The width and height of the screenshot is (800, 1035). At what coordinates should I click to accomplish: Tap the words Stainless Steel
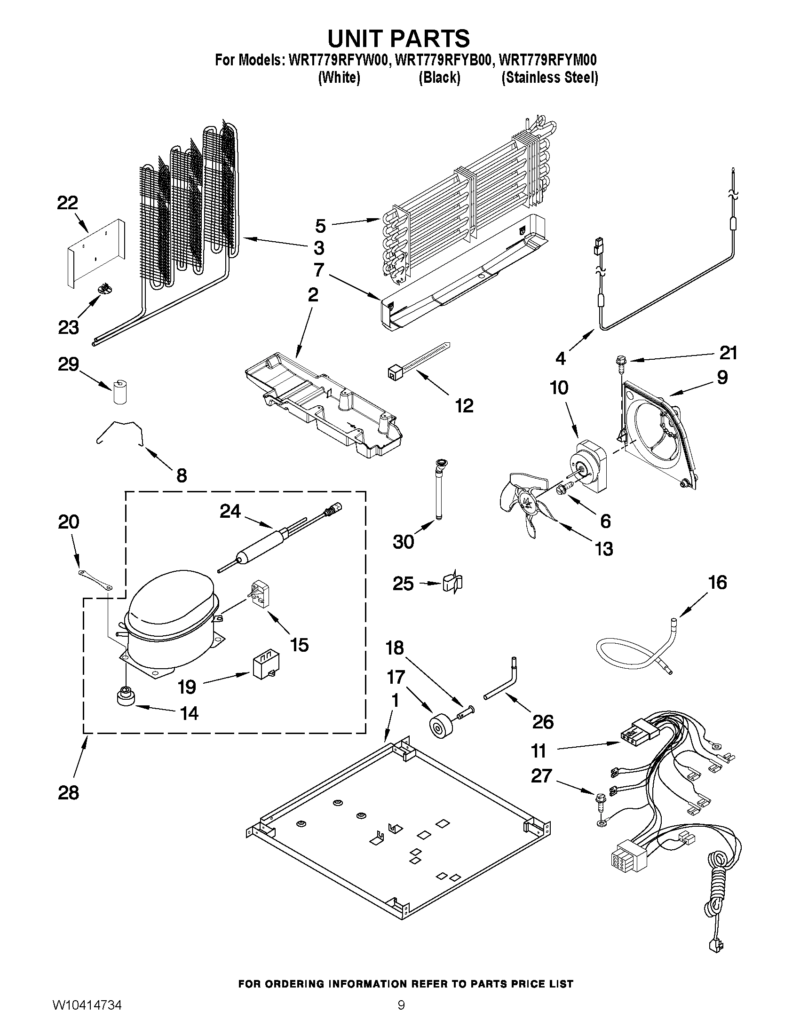(x=550, y=78)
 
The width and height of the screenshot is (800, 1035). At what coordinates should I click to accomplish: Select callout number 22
(x=67, y=203)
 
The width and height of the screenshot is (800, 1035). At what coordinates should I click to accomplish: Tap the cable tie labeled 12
(x=417, y=363)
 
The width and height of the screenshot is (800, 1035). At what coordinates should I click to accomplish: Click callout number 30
(x=404, y=541)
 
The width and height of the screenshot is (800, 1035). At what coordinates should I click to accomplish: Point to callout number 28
(x=68, y=792)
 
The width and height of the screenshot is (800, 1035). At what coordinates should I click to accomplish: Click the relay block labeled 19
(x=265, y=665)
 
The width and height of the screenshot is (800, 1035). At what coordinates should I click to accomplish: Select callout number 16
(x=718, y=583)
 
